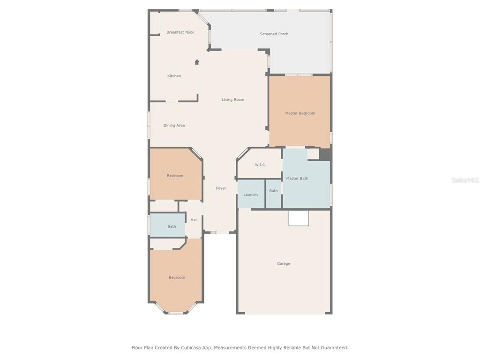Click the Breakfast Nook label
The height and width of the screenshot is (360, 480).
point(180,32)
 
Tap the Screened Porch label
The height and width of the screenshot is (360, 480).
point(274,34)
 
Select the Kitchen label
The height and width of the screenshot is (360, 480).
point(174,76)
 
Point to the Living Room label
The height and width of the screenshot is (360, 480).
point(233,99)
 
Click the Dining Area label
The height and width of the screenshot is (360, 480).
point(174,125)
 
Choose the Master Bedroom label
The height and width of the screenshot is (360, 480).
point(300,113)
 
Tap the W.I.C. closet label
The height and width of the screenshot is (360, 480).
point(260,165)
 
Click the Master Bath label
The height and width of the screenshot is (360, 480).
point(297,178)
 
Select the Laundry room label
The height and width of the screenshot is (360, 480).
point(251,195)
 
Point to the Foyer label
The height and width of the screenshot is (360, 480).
point(221,188)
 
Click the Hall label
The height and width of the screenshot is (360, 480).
point(194,220)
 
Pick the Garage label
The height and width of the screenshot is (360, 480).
point(284,263)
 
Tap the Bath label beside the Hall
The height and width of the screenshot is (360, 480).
point(172,226)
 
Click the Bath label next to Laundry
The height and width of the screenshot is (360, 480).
point(273,191)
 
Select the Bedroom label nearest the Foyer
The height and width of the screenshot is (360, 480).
point(175,176)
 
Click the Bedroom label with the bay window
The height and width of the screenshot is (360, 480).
point(177,277)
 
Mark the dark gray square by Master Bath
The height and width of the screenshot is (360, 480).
point(325,154)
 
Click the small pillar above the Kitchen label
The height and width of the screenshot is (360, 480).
point(197,62)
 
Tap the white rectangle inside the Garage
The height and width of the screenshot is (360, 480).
point(299,218)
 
